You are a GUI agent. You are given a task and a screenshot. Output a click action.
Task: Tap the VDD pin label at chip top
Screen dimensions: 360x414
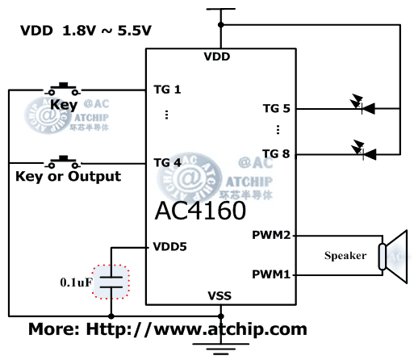coord(217,57)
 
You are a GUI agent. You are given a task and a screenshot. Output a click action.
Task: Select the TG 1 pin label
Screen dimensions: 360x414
coord(167,89)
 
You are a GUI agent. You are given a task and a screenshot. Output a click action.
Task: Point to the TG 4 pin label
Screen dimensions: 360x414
coord(167,161)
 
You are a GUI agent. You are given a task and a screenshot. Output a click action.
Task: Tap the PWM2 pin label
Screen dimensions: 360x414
coord(272,236)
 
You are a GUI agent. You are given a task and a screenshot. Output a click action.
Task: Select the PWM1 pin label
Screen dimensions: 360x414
coord(272,274)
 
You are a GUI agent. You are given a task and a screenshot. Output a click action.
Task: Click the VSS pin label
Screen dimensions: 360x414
coord(219,295)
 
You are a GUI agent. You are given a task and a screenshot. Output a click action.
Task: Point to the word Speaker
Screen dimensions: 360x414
coord(345,256)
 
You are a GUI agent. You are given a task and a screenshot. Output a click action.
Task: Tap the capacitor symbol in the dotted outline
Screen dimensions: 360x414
coord(111,283)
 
